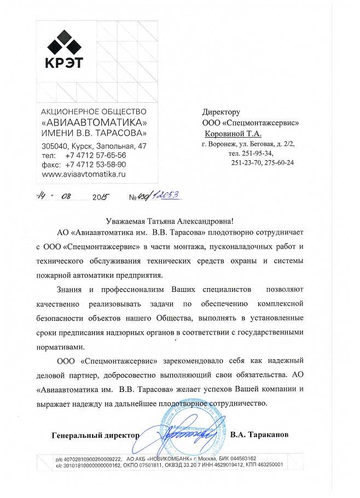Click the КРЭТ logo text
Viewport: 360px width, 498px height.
click(63, 62)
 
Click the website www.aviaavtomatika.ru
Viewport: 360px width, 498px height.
click(84, 173)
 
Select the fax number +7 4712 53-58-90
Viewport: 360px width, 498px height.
click(96, 164)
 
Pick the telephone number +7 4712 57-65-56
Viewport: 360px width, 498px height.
click(96, 155)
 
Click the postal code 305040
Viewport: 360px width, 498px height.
click(55, 146)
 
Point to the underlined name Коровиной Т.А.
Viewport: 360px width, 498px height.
click(233, 133)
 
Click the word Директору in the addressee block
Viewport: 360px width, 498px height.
click(221, 112)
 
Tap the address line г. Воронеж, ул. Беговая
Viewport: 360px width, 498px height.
click(248, 144)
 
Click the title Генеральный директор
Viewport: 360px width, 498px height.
click(95, 435)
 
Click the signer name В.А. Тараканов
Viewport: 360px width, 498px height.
click(259, 435)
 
